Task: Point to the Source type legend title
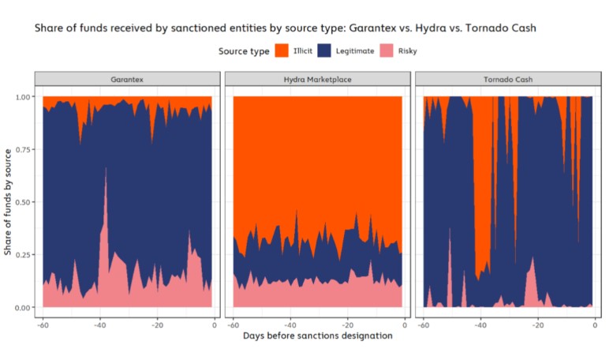(243, 51)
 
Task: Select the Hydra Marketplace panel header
(317, 80)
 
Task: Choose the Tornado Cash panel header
(509, 80)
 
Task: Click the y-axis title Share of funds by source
(8, 201)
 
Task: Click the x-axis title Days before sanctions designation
(317, 336)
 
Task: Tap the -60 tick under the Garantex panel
(42, 324)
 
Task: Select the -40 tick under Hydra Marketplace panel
(290, 324)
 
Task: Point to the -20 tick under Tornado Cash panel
(538, 324)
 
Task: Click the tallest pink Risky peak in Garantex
(106, 170)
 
